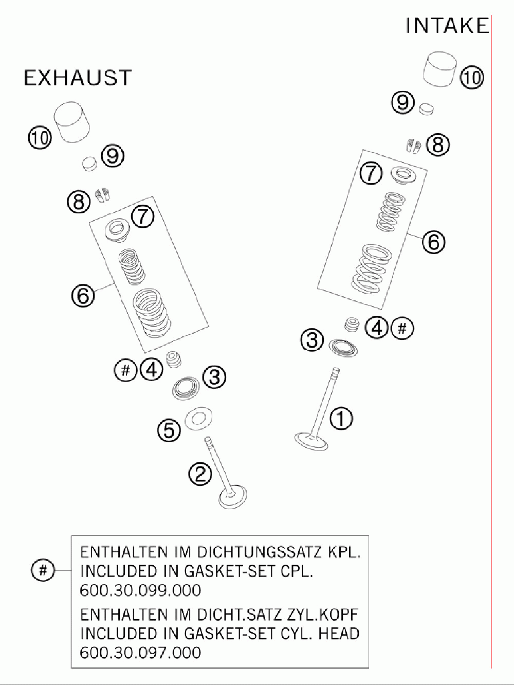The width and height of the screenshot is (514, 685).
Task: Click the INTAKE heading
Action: click(x=447, y=25)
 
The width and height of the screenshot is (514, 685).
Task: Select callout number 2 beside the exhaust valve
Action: click(x=200, y=474)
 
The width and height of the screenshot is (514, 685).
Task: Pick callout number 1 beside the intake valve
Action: click(x=341, y=418)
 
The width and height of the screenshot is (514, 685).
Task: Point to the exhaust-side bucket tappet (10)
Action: click(x=72, y=122)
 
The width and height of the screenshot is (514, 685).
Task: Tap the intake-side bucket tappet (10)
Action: click(x=440, y=69)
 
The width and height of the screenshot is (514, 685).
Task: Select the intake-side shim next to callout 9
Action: click(x=426, y=109)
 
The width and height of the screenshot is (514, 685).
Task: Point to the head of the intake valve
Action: click(x=311, y=441)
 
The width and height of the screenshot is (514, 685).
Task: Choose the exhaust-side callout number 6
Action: click(x=83, y=295)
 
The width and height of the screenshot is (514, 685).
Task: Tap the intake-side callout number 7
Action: click(x=371, y=173)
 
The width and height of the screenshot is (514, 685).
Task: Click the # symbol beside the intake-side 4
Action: click(x=402, y=328)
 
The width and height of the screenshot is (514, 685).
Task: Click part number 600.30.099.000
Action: click(x=141, y=590)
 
